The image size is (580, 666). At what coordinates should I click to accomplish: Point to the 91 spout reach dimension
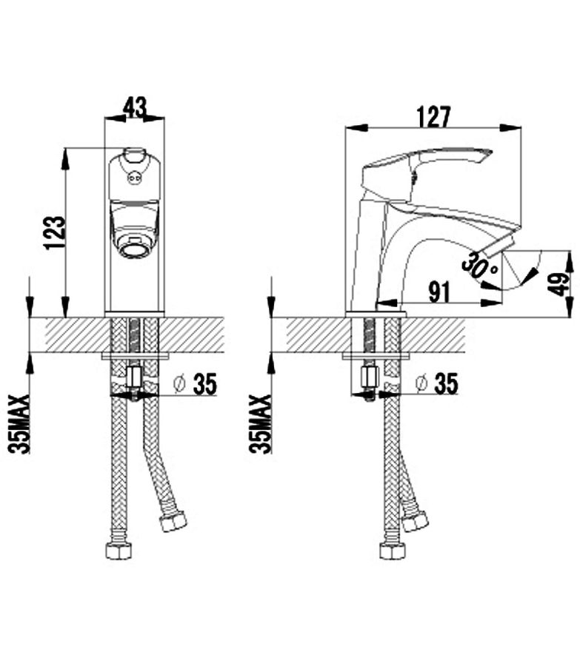(x=439, y=292)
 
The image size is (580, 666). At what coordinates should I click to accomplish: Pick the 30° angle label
(x=480, y=266)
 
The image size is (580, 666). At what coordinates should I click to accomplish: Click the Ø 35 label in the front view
(x=196, y=384)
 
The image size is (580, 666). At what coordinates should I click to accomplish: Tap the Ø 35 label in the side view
(x=437, y=383)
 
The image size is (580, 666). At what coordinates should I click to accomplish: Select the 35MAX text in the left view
(x=19, y=424)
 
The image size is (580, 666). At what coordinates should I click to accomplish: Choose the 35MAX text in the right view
(x=260, y=424)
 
